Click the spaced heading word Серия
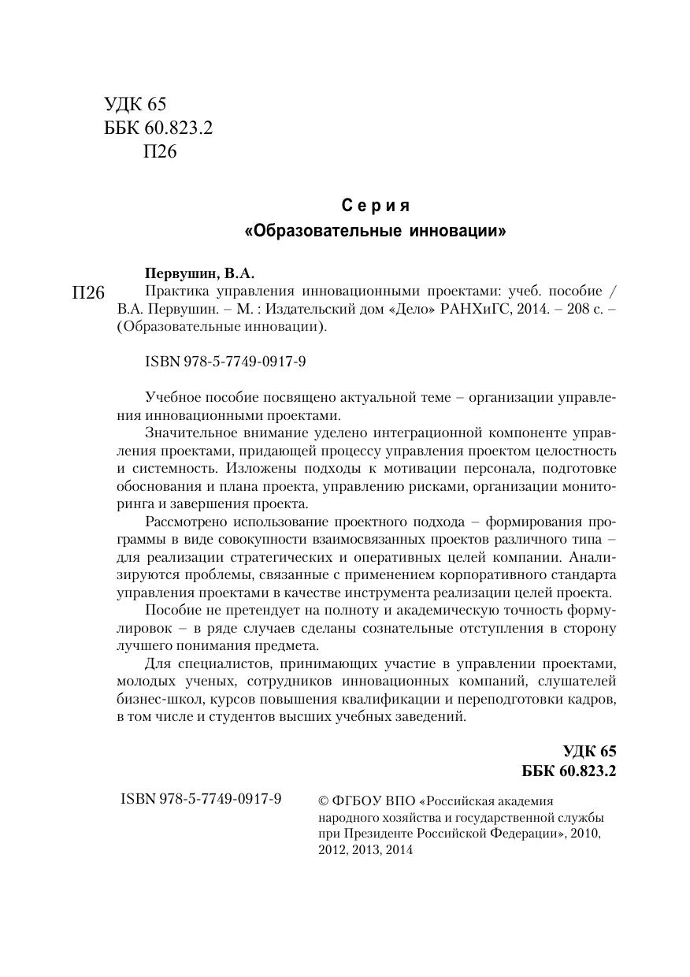(x=376, y=206)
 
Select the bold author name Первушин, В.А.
(x=200, y=274)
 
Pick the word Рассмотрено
(x=189, y=522)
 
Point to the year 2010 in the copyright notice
(x=584, y=834)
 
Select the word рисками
(x=443, y=486)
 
